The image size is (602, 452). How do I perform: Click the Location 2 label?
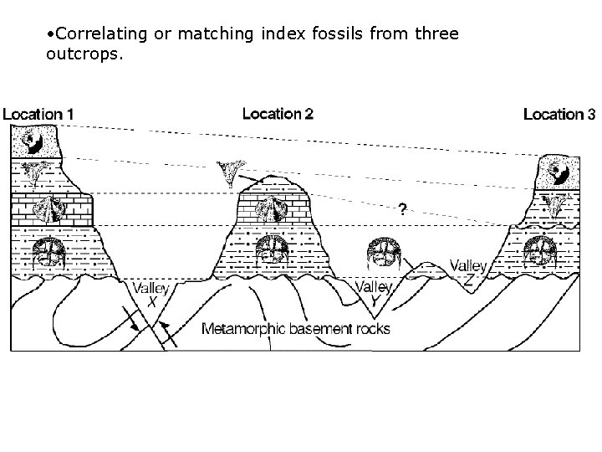click(x=278, y=113)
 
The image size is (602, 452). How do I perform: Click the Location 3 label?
click(x=559, y=114)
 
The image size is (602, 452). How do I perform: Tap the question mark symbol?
click(x=403, y=209)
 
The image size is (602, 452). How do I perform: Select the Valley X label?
click(x=150, y=295)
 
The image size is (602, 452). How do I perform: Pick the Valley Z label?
click(x=468, y=273)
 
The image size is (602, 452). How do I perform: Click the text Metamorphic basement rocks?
click(x=297, y=328)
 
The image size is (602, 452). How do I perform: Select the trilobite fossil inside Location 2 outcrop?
click(x=271, y=249)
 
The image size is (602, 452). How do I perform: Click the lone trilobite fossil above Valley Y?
click(x=385, y=252)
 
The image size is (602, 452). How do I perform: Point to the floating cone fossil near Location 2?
click(x=227, y=173)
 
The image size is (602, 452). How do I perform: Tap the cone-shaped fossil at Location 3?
click(x=554, y=203)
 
